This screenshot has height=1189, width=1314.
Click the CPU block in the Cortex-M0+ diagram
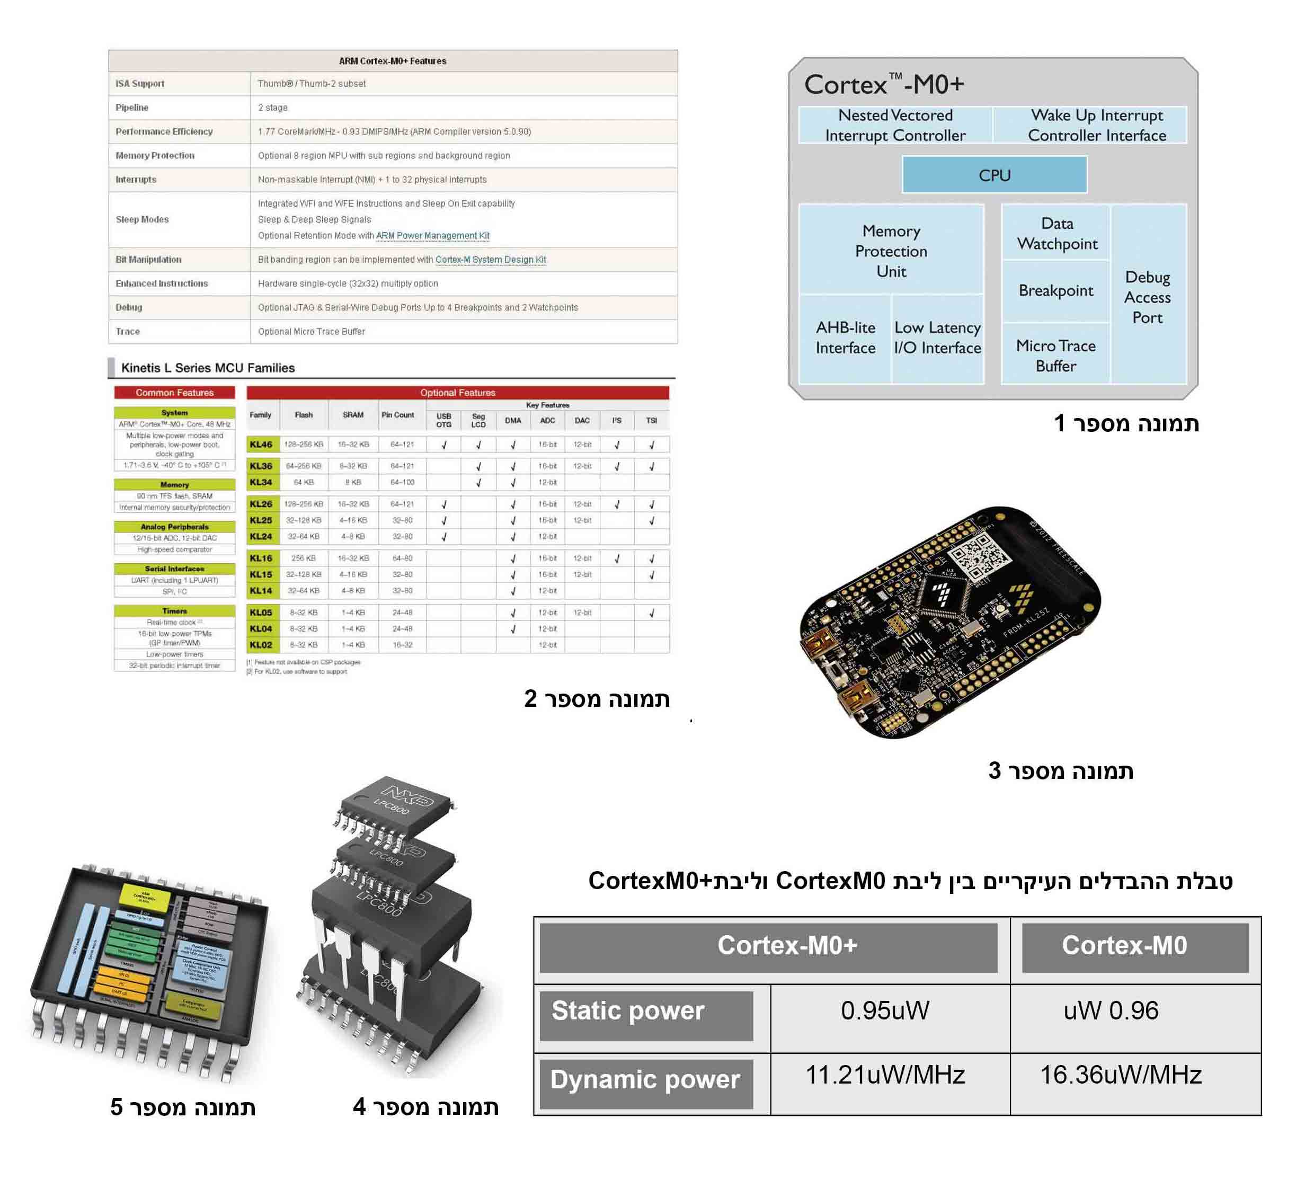tap(994, 175)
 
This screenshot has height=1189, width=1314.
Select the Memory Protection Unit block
tap(891, 251)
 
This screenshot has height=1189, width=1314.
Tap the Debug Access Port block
tap(1147, 297)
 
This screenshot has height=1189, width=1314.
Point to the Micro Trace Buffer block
tap(1055, 355)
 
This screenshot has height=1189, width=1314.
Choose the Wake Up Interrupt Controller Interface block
tap(1096, 125)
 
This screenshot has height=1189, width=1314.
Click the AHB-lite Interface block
tap(846, 338)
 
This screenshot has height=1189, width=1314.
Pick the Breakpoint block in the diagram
tap(1055, 291)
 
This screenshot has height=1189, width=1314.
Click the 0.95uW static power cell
tap(884, 1010)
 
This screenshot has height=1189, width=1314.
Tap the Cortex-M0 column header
tap(1124, 945)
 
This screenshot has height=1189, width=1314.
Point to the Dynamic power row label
tap(645, 1079)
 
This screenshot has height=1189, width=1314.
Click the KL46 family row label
tap(261, 445)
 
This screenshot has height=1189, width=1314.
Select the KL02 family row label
tap(261, 645)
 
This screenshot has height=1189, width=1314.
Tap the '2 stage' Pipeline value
tap(272, 108)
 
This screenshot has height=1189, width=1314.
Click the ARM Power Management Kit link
tap(432, 235)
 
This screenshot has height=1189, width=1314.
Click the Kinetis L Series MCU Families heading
tap(208, 368)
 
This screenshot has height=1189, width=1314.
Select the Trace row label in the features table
tap(128, 331)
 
